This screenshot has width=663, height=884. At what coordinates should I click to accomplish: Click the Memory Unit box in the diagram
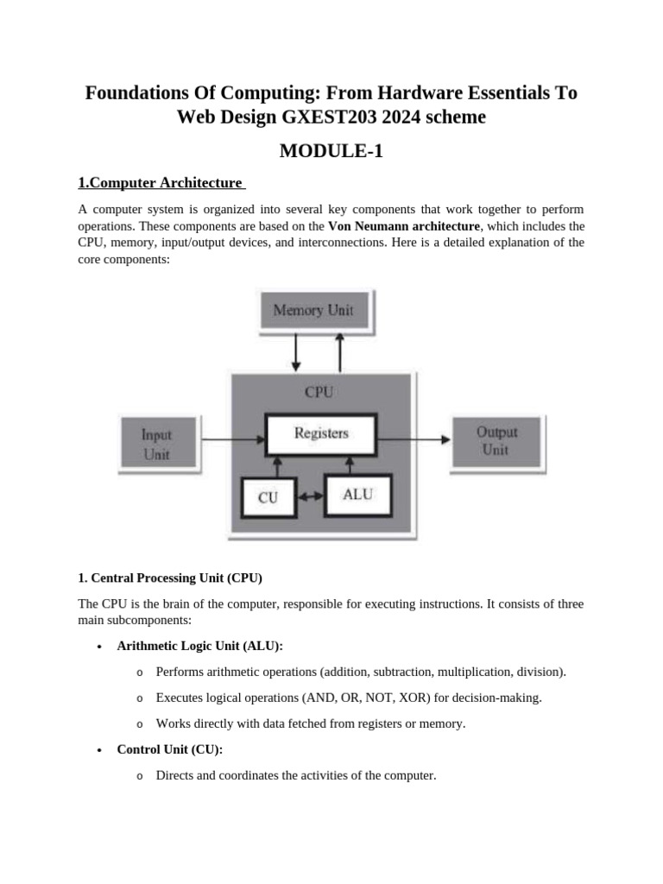coord(313,311)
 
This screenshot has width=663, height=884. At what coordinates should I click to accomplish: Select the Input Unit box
coord(156,444)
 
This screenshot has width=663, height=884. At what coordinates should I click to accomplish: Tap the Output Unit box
coord(496,441)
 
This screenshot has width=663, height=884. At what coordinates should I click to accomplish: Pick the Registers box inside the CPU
coord(320,434)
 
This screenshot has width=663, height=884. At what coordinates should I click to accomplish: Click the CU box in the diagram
coord(268,498)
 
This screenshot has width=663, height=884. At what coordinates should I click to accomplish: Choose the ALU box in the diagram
coord(357,495)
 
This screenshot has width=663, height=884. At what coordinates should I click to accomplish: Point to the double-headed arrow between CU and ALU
coord(311,497)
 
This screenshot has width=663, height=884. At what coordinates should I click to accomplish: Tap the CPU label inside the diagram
coord(319,392)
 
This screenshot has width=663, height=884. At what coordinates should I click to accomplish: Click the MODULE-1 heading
coord(331,152)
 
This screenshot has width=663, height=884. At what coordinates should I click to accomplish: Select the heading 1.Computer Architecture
coord(160,183)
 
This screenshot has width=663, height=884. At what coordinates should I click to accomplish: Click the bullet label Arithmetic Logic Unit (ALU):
coord(199,646)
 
